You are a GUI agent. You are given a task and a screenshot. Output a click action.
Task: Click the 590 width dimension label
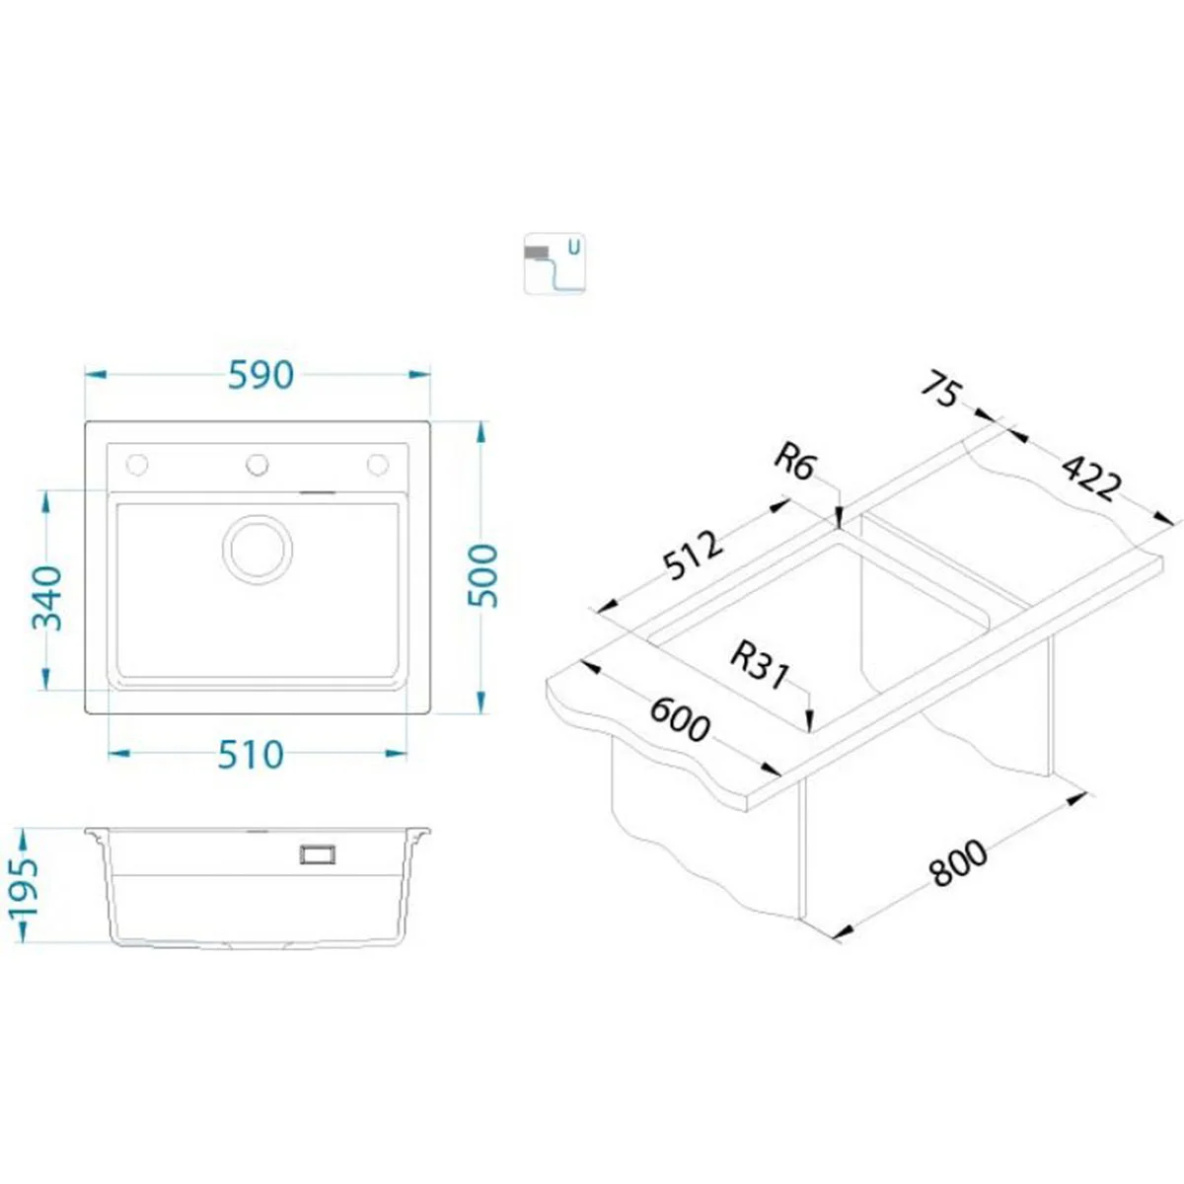(x=261, y=375)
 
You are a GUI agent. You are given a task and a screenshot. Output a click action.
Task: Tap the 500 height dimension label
(x=482, y=575)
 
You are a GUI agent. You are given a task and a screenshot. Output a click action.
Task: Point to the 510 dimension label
(x=251, y=755)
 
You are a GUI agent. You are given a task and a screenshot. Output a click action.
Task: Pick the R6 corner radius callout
(x=793, y=464)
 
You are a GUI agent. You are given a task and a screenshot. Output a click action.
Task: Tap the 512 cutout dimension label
(x=695, y=555)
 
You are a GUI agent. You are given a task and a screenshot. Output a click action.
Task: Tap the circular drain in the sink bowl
(x=258, y=549)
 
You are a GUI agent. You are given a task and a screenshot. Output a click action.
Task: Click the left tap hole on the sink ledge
(x=137, y=465)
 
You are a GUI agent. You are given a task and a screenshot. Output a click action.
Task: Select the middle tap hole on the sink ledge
(x=257, y=465)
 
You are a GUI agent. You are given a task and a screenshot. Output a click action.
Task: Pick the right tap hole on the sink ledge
(x=378, y=465)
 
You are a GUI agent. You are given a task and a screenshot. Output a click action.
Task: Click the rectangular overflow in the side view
(x=318, y=854)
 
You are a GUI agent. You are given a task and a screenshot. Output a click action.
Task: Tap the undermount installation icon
(x=555, y=264)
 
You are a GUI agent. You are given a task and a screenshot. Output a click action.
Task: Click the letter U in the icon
(x=573, y=248)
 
